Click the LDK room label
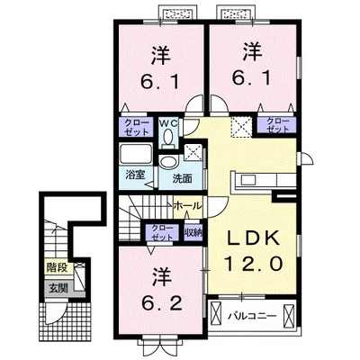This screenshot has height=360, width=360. (253, 238)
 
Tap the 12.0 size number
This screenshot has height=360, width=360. (253, 264)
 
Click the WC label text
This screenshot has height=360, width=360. (168, 122)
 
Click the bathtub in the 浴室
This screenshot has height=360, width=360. (136, 155)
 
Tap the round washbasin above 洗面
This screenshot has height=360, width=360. (167, 162)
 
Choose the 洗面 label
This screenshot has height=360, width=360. (182, 179)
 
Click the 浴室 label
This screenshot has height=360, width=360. (135, 175)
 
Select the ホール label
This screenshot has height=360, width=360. (188, 206)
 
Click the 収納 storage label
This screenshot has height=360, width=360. (193, 232)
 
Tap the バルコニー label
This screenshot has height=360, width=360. (252, 316)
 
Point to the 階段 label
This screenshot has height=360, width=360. (57, 267)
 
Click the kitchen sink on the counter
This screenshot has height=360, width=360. (247, 180)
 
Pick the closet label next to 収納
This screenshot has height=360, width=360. (162, 232)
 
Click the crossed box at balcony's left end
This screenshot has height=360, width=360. (216, 316)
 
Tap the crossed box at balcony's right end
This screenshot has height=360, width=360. (289, 316)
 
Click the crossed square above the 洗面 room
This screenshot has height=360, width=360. (193, 152)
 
